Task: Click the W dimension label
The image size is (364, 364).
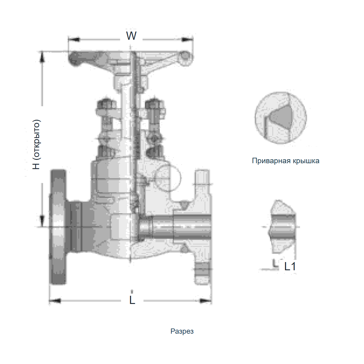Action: (x=131, y=36)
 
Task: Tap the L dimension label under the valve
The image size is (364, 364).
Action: (x=132, y=300)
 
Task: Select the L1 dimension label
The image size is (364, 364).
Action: (x=290, y=266)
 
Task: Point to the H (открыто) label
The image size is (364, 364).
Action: (x=36, y=144)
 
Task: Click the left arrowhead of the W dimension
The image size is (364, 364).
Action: (x=74, y=39)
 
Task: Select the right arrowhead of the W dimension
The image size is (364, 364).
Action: (x=187, y=39)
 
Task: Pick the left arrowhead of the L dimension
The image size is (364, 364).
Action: (x=55, y=301)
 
